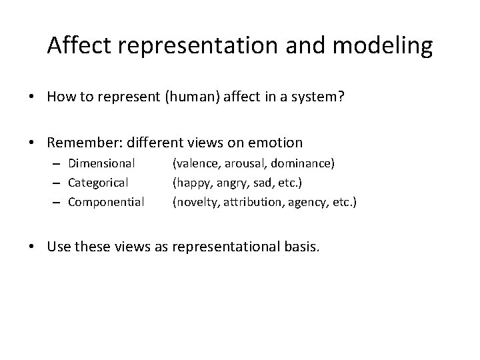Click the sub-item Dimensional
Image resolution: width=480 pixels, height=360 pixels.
point(102,162)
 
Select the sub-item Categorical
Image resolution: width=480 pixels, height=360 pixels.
point(99,181)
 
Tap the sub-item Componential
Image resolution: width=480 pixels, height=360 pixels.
point(106,201)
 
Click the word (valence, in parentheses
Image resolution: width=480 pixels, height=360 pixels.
point(195,162)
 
